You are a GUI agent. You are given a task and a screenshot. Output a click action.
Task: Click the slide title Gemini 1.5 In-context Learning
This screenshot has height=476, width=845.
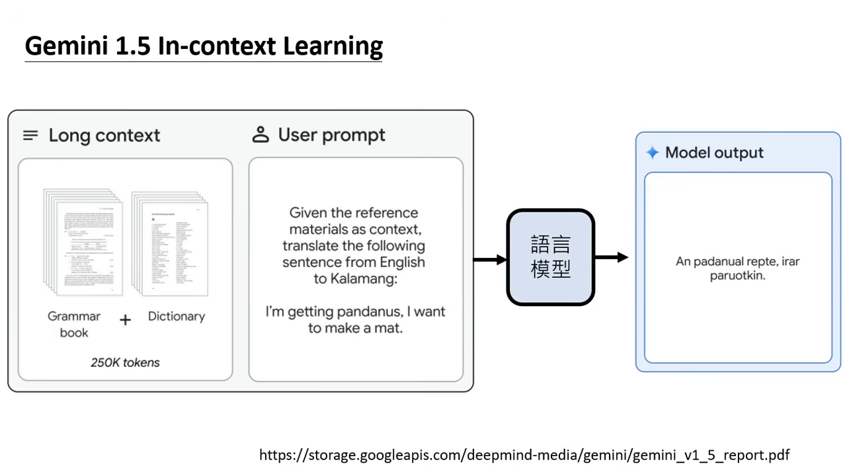pyautogui.click(x=204, y=46)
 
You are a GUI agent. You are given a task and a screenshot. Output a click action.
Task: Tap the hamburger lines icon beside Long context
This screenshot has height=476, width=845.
pyautogui.click(x=30, y=136)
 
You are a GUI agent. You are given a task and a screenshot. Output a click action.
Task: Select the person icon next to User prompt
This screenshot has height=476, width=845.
pyautogui.click(x=261, y=135)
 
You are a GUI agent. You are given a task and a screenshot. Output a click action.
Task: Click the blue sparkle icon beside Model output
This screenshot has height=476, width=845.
pyautogui.click(x=653, y=153)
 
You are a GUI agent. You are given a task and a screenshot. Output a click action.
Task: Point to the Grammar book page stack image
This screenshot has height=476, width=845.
pyautogui.click(x=83, y=242)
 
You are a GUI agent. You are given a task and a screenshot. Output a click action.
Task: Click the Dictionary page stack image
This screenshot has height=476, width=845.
pyautogui.click(x=170, y=243)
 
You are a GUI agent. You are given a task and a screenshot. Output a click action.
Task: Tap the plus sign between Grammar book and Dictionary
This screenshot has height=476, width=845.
pyautogui.click(x=125, y=320)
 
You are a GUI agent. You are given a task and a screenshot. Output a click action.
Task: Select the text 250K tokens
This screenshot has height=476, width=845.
pyautogui.click(x=125, y=362)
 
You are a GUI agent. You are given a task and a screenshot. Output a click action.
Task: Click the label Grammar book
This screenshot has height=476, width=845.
pyautogui.click(x=74, y=324)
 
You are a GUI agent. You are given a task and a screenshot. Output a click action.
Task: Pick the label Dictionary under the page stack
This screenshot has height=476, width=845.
pyautogui.click(x=177, y=316)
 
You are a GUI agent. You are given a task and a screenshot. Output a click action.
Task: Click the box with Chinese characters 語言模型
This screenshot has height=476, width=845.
pyautogui.click(x=550, y=257)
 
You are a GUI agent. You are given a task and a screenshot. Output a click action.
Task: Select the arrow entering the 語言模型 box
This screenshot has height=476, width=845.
pyautogui.click(x=489, y=260)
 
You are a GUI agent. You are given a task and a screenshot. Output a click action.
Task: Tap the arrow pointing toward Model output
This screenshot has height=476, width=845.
pyautogui.click(x=611, y=257)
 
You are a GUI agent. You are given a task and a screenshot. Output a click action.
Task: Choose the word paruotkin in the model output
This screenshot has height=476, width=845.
pyautogui.click(x=737, y=276)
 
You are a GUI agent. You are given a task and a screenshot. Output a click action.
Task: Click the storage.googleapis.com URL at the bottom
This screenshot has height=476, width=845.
pyautogui.click(x=524, y=455)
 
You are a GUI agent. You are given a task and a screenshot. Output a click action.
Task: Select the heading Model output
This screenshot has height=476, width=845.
pyautogui.click(x=714, y=153)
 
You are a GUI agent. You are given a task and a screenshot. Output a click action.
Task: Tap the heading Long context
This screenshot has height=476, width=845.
pyautogui.click(x=104, y=136)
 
